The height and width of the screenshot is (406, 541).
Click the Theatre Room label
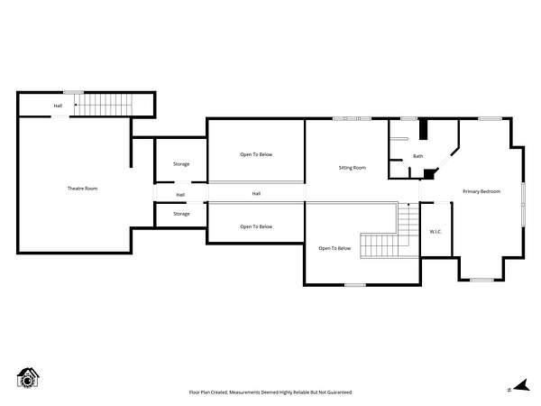[82, 189]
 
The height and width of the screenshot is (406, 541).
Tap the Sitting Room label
[353, 168]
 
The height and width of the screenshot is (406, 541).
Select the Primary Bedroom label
[481, 191]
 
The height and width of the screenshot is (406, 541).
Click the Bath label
[417, 156]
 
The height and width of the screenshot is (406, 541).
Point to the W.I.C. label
[436, 232]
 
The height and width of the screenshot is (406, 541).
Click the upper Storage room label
[181, 164]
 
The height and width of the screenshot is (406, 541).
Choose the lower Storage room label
[181, 214]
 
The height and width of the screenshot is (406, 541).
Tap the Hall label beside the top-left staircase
[58, 106]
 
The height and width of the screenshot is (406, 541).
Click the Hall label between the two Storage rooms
[180, 195]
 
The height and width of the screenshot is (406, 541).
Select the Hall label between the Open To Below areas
[256, 194]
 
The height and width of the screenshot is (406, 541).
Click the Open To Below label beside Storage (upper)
[256, 154]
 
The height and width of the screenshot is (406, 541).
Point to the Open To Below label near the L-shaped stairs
[335, 248]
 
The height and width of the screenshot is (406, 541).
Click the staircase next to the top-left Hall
[103, 105]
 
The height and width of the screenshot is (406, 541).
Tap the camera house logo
[28, 378]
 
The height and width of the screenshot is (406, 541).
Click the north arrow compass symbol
[521, 385]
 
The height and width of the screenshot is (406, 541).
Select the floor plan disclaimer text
[270, 392]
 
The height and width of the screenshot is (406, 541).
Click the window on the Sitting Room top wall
[352, 118]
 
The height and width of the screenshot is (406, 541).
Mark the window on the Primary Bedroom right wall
[523, 205]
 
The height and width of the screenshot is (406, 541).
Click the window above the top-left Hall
[74, 92]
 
